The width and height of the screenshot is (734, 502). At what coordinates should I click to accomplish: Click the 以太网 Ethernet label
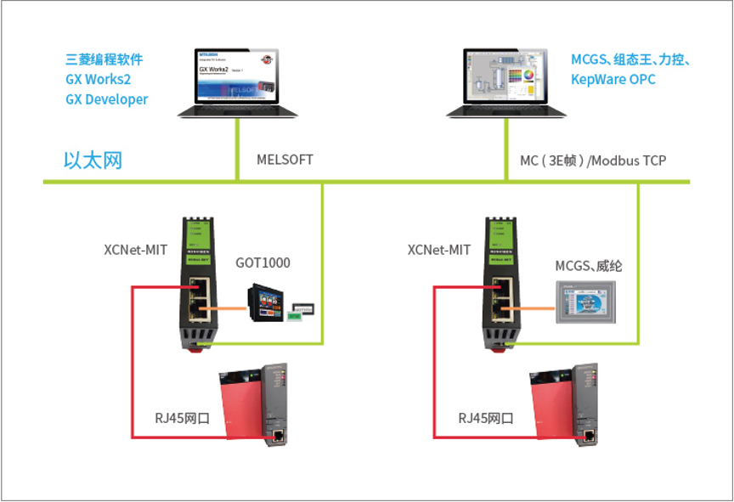pos(93,160)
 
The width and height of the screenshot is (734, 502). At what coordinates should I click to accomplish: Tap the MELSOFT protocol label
pos(285,160)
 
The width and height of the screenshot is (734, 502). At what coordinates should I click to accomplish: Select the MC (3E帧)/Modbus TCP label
pos(593,161)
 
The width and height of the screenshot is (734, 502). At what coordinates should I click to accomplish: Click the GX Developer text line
pos(107,99)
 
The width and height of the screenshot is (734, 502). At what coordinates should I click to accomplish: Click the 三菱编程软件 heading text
pos(104,59)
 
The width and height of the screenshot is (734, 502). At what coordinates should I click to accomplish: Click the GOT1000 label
pos(263,262)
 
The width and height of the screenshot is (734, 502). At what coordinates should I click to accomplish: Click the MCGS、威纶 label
pos(589,266)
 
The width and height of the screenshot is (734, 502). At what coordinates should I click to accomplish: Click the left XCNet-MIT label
pos(135,250)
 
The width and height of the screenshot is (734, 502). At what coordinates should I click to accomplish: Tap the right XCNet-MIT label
pos(439,250)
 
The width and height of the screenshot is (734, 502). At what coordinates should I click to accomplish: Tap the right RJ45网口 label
pos(486,418)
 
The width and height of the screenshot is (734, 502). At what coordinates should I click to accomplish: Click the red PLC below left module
pos(254,406)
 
